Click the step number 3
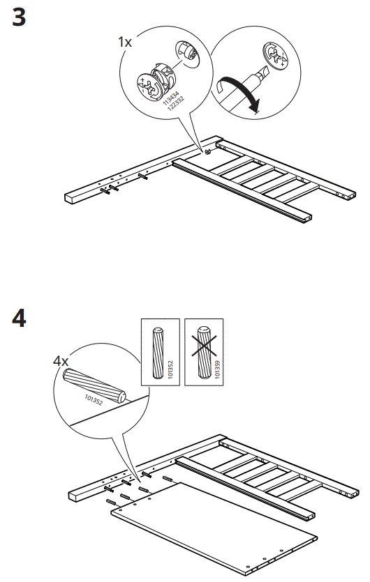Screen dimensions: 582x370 click(x=19, y=17)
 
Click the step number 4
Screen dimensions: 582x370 click(x=19, y=319)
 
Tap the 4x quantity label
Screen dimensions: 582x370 click(x=61, y=361)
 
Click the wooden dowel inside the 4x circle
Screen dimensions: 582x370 click(x=93, y=385)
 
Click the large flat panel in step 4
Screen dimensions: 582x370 click(x=216, y=526)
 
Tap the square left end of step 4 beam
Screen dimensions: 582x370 click(x=74, y=496)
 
